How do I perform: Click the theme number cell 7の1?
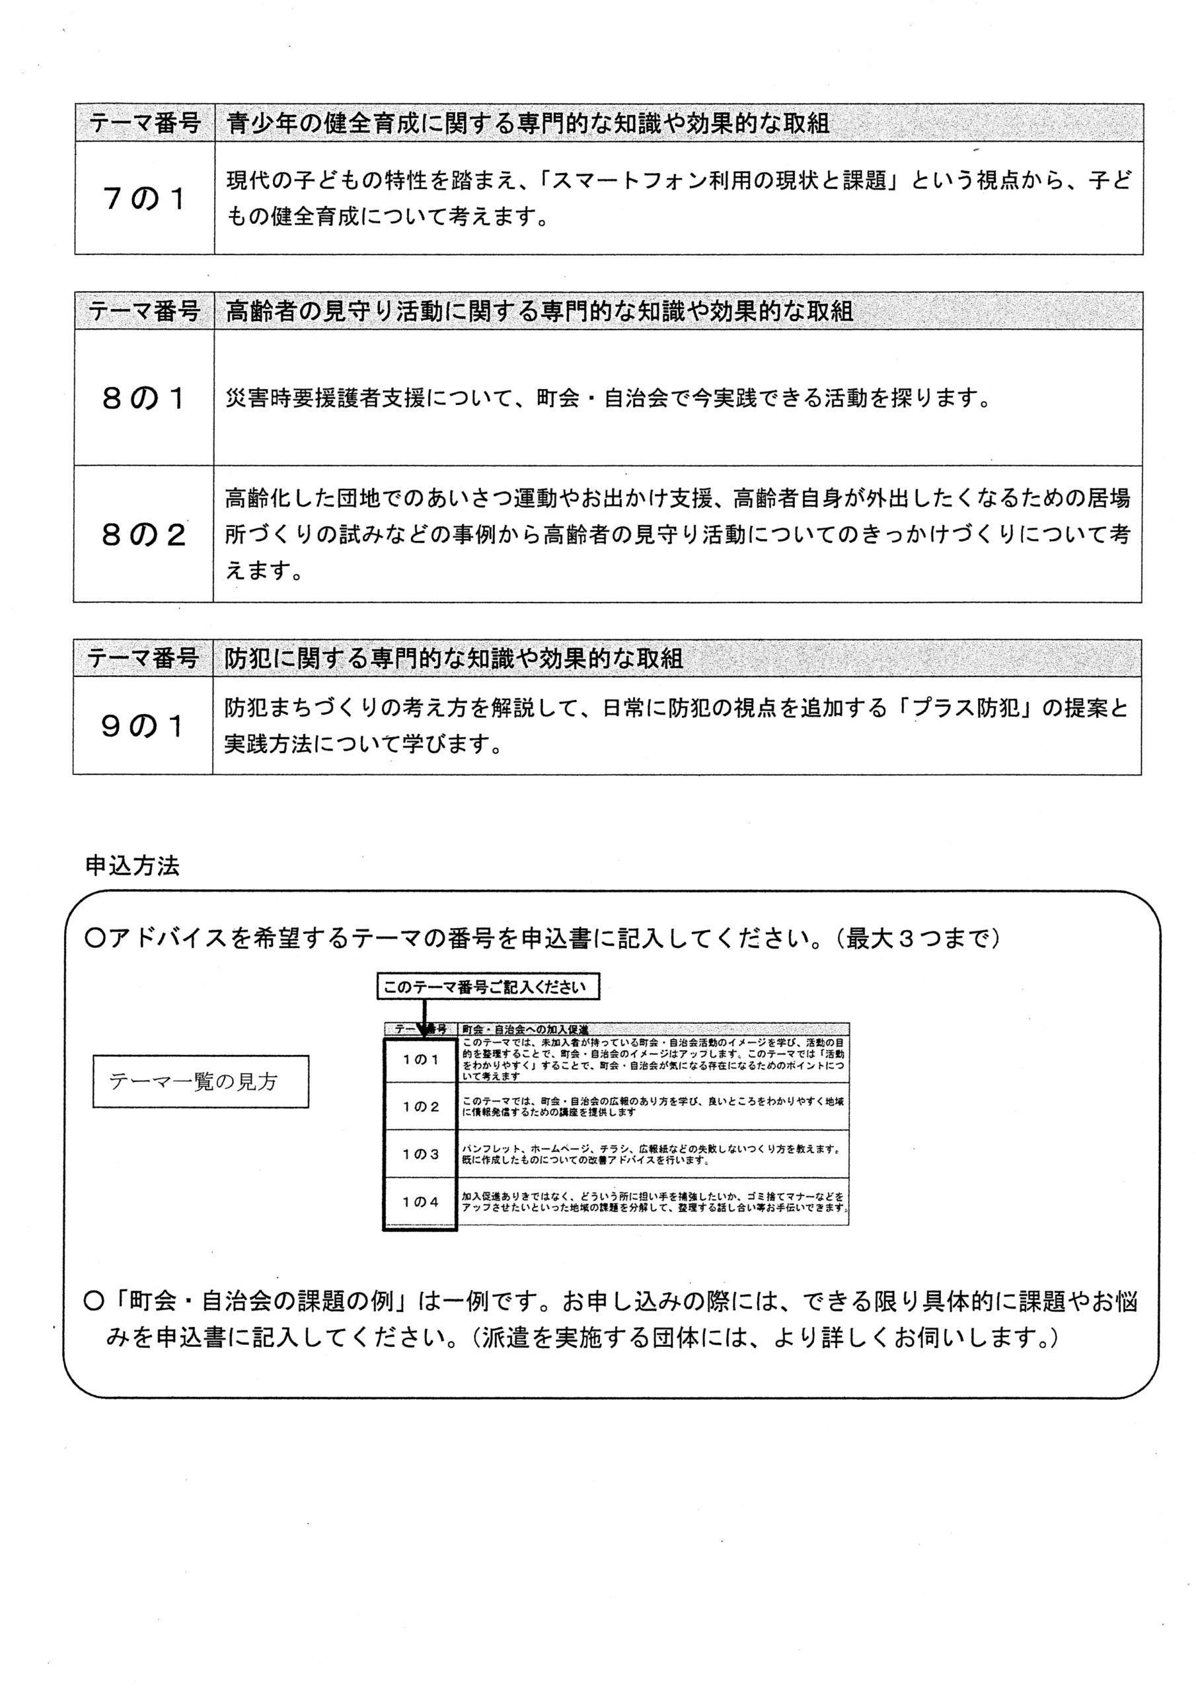coord(145,199)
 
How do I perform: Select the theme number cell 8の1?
coord(143,398)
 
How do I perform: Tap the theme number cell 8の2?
coord(143,534)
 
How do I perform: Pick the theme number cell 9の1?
coord(143,727)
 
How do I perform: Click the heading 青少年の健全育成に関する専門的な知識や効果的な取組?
coord(527,123)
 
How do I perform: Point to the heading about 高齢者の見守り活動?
coord(539,312)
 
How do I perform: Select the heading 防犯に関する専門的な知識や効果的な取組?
coord(454,659)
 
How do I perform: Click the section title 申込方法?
coord(132,865)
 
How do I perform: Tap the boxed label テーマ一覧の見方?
coord(200,1081)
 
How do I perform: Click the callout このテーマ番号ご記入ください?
coord(488,987)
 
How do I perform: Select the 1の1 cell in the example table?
coord(421,1060)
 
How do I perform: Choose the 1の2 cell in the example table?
coord(421,1106)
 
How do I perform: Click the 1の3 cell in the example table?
coord(421,1154)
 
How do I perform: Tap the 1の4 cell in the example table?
coord(421,1202)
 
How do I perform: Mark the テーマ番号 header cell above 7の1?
coord(145,123)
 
